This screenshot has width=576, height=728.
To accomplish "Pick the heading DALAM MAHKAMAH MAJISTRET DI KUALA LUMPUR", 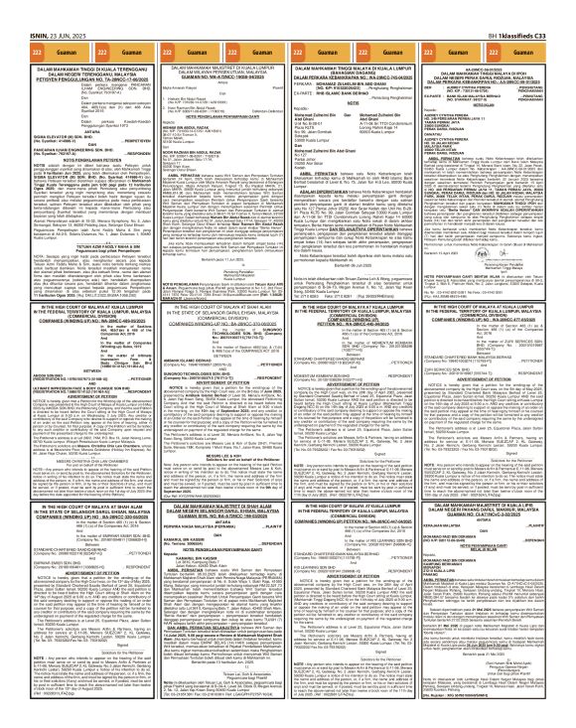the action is (216, 43).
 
